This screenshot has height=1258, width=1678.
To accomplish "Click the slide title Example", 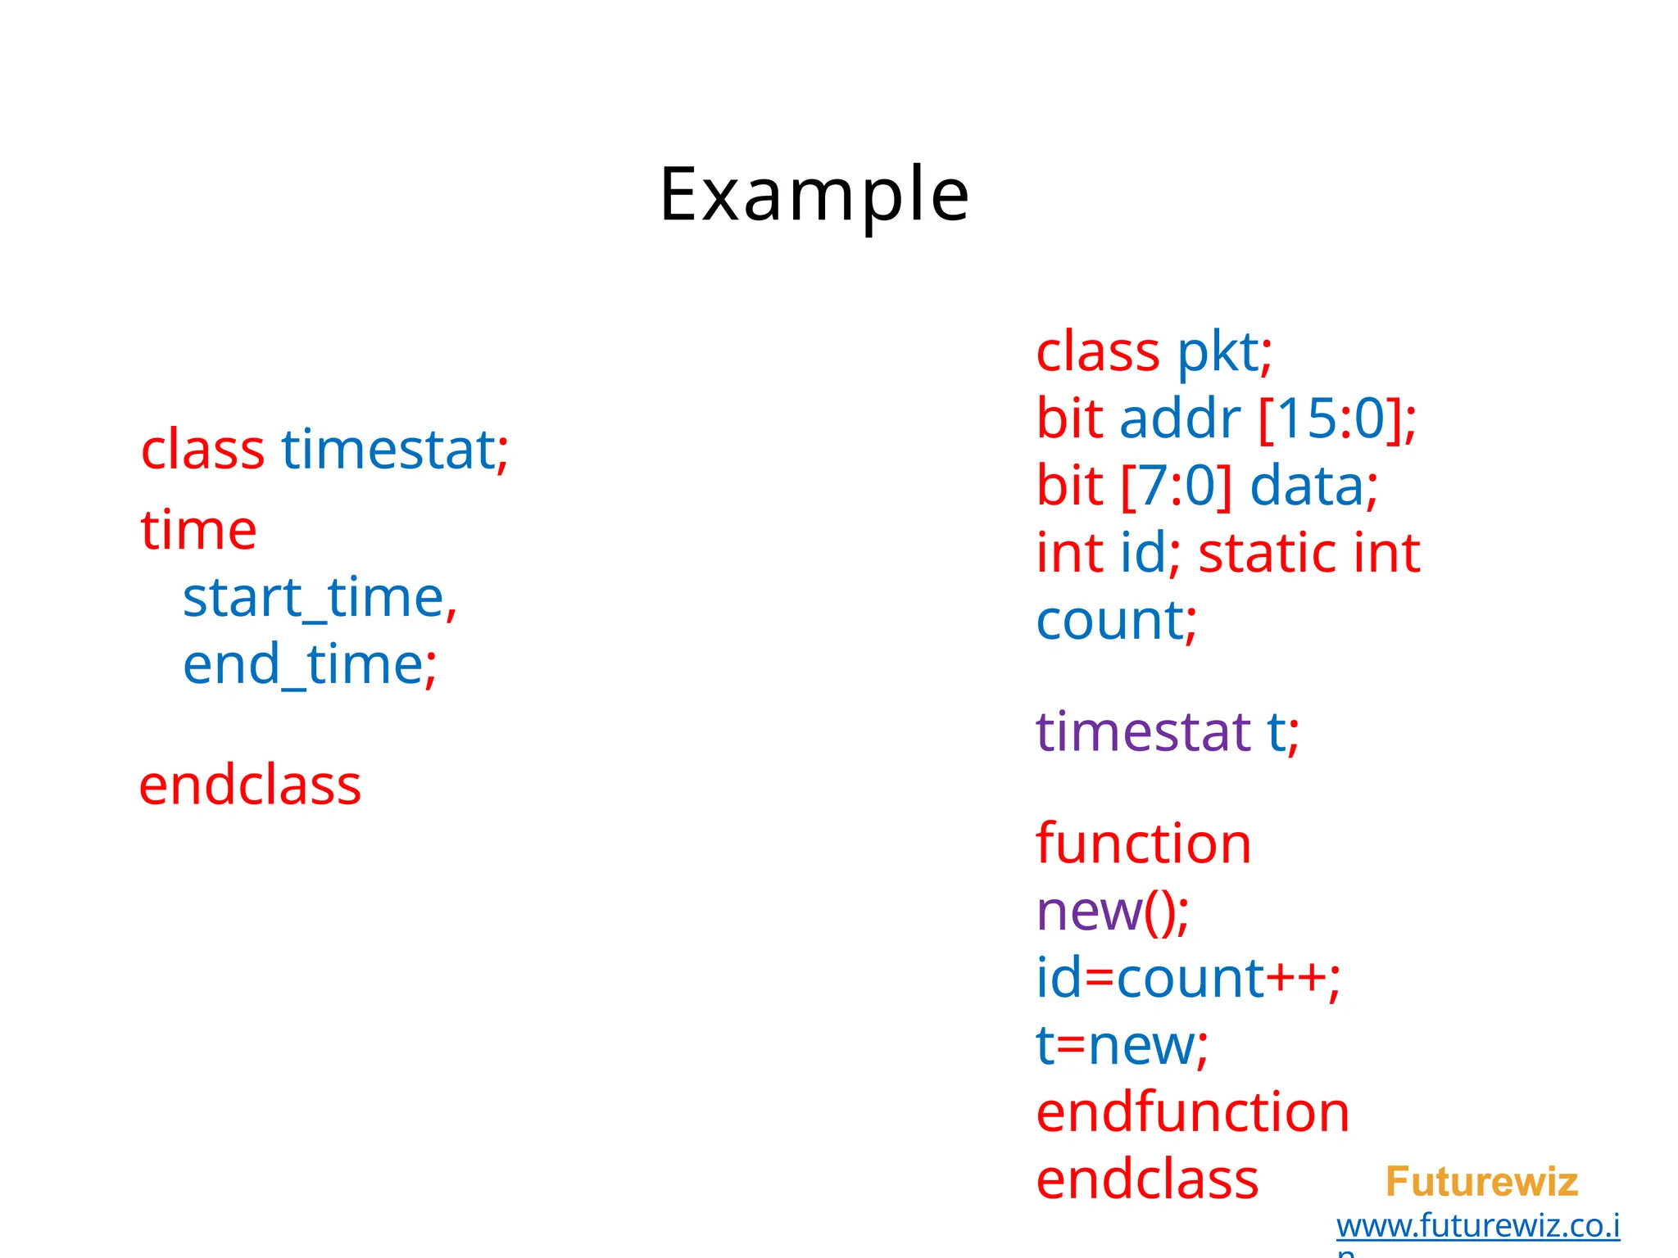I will (x=814, y=194).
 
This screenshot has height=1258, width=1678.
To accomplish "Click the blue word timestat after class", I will (x=388, y=450).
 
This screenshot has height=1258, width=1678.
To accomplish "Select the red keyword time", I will (x=198, y=530).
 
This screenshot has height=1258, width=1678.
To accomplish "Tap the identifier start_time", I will (x=313, y=597).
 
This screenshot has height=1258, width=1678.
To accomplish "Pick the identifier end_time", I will (x=302, y=664).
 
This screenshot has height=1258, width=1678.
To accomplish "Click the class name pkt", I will (x=1218, y=352).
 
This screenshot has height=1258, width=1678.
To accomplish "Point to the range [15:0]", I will (x=1331, y=419).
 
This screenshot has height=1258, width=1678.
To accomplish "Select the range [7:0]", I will (x=1176, y=486).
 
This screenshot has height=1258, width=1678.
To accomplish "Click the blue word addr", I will (x=1180, y=419).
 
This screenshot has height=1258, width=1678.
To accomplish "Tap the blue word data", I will (x=1306, y=486).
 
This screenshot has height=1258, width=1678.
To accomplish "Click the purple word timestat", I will (x=1143, y=731).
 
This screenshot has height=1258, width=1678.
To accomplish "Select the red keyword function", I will (x=1144, y=844).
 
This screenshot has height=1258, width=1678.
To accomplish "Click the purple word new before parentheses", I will (x=1089, y=912).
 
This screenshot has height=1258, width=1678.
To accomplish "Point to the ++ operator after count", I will (x=1296, y=978).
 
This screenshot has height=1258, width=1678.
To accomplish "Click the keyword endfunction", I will (x=1192, y=1113).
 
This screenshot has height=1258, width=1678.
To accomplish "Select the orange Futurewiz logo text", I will (x=1481, y=1182).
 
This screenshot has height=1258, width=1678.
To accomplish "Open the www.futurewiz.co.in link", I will (x=1477, y=1226).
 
